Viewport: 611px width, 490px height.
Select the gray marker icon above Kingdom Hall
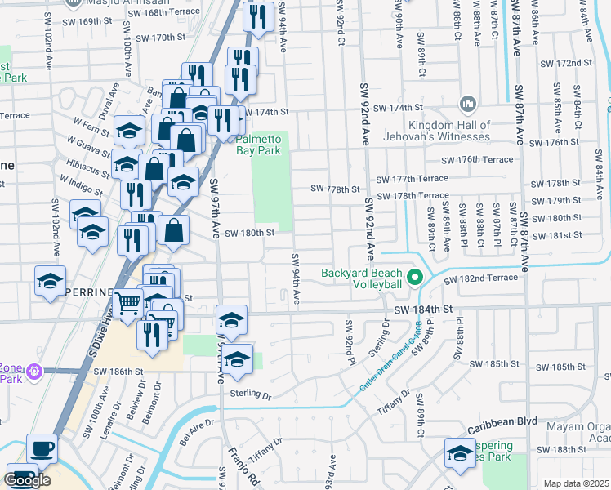pos(467,104)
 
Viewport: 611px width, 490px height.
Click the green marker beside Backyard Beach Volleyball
pos(415,278)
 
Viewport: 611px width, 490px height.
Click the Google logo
pos(27,480)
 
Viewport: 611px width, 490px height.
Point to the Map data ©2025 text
pos(577,483)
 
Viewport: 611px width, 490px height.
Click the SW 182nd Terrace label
pos(480,278)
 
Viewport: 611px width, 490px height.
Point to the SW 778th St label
pos(335,189)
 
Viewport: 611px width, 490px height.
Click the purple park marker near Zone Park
pos(33,372)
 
